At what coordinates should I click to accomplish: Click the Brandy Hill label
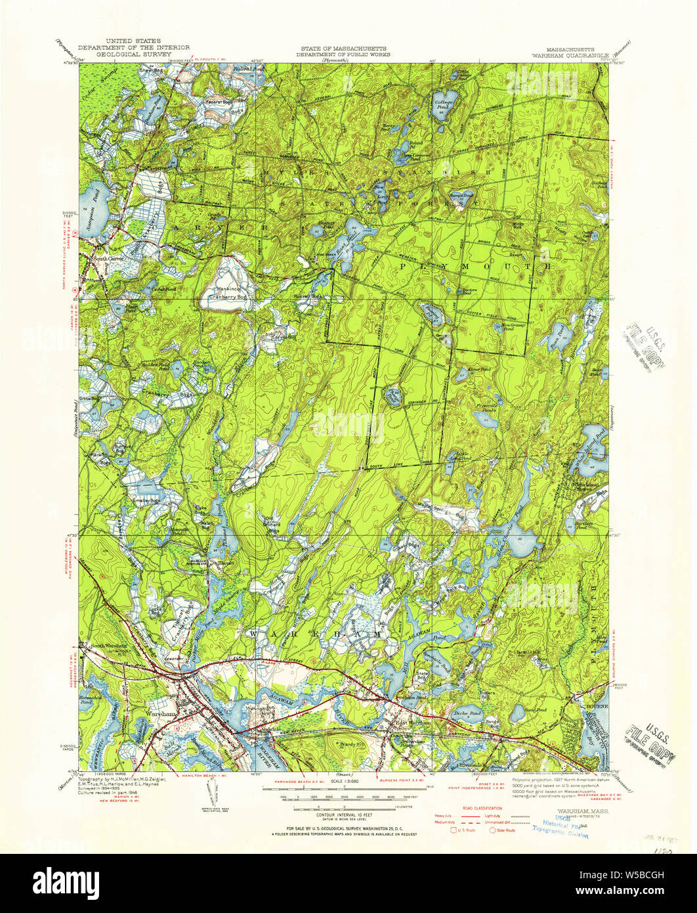344,743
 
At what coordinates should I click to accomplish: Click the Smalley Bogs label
146,501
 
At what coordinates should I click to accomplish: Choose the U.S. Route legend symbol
454,830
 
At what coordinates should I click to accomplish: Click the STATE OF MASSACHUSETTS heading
344,49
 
